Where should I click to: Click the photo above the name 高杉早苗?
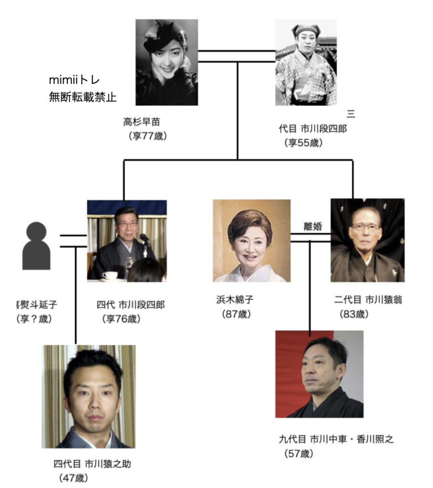click(x=166, y=62)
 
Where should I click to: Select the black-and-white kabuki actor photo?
click(x=306, y=62)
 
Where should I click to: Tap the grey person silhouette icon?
click(x=36, y=246)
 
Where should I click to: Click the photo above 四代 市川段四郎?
click(x=127, y=240)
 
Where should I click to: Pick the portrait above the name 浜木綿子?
click(x=251, y=241)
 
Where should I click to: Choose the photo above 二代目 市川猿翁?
click(x=367, y=240)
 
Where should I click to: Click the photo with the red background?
click(x=319, y=374)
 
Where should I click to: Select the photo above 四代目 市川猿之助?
click(x=90, y=396)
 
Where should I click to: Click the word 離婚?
click(x=312, y=226)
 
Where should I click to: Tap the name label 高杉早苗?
click(x=142, y=122)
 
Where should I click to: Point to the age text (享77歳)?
click(x=147, y=136)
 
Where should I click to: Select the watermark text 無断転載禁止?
click(x=82, y=97)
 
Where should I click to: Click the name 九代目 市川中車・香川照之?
click(x=336, y=439)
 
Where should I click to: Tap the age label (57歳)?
click(x=299, y=453)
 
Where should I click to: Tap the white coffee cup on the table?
click(x=110, y=275)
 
